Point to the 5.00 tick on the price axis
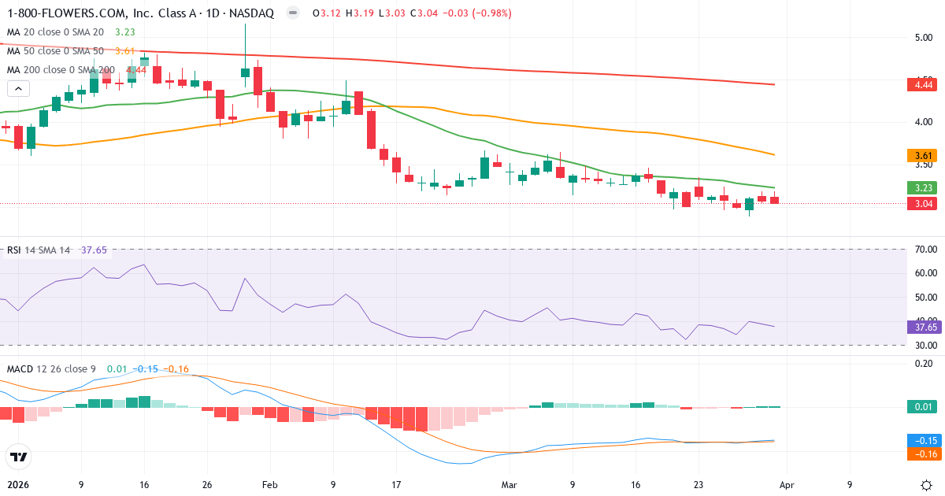pos(924,37)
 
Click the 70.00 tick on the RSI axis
pos(926,250)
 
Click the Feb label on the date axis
pos(269,485)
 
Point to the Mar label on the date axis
pos(510,485)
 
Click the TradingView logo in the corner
pos(19,456)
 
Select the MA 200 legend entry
pos(61,70)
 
